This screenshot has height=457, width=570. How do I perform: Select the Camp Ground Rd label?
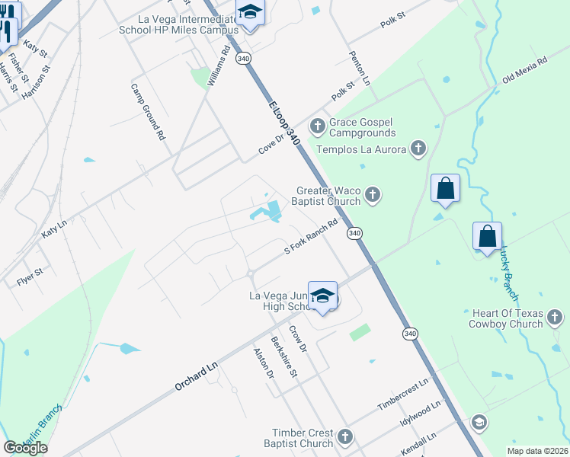(148, 112)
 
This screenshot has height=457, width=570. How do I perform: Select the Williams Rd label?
(219, 68)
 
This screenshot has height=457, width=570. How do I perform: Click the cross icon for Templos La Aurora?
(418, 149)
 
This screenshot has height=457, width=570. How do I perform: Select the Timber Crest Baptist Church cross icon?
(344, 437)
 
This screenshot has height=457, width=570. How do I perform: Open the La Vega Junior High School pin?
(323, 296)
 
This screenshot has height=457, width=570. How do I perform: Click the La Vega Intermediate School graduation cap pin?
(248, 14)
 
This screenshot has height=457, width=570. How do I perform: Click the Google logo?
(25, 447)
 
